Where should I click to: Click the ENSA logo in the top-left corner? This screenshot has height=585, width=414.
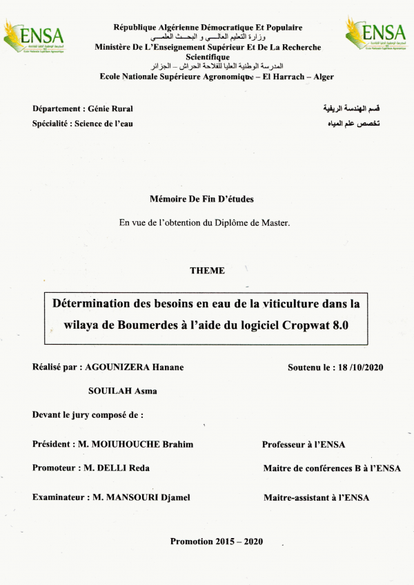coord(32,36)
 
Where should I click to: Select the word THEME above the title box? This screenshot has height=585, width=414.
coord(207,271)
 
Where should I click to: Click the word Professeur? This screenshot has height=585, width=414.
coord(287,444)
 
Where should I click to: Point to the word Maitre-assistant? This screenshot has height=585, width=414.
coord(297,497)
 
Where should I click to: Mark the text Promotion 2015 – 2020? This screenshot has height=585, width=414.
coord(217,541)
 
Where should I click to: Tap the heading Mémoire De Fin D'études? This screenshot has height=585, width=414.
coord(201,199)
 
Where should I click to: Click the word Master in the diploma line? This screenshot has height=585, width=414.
coord(275,222)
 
